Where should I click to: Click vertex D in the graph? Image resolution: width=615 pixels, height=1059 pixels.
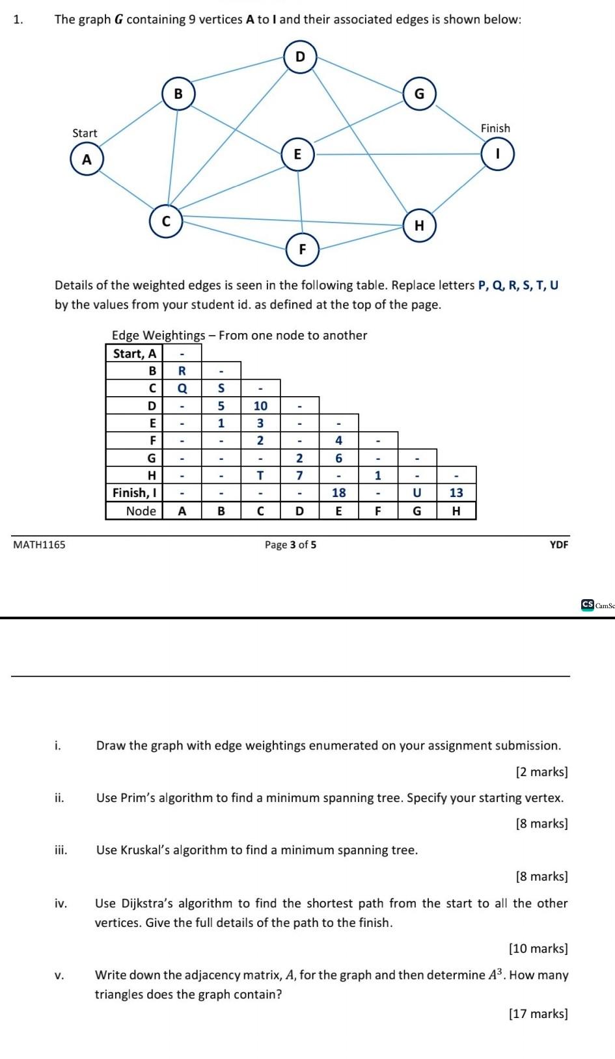300,57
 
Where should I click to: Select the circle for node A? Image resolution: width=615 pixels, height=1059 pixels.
87,159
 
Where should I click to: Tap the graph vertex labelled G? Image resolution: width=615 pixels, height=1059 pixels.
419,94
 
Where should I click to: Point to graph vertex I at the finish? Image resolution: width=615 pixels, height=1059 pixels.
497,154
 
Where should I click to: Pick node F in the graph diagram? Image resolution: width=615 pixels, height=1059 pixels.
303,249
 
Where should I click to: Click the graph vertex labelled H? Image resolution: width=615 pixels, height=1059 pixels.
419,226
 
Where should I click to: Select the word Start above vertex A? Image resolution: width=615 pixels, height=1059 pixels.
85,133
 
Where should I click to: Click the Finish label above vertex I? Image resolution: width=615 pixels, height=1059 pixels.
495,128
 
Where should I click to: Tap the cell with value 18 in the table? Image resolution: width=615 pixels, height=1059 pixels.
338,493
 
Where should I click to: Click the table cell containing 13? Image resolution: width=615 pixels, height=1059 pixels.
456,493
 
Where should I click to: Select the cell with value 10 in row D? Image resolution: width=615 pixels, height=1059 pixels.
260,406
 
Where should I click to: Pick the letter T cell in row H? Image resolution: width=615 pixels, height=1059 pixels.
260,476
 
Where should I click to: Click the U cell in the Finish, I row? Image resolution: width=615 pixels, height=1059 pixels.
417,493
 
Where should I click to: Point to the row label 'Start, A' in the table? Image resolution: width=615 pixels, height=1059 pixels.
135,353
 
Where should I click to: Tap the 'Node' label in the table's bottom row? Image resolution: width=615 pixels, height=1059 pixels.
141,511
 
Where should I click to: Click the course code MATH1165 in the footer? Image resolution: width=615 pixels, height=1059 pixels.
39,544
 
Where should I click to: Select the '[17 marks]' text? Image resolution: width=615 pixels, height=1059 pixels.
538,1013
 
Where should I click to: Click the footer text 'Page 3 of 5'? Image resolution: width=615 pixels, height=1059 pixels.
290,544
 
